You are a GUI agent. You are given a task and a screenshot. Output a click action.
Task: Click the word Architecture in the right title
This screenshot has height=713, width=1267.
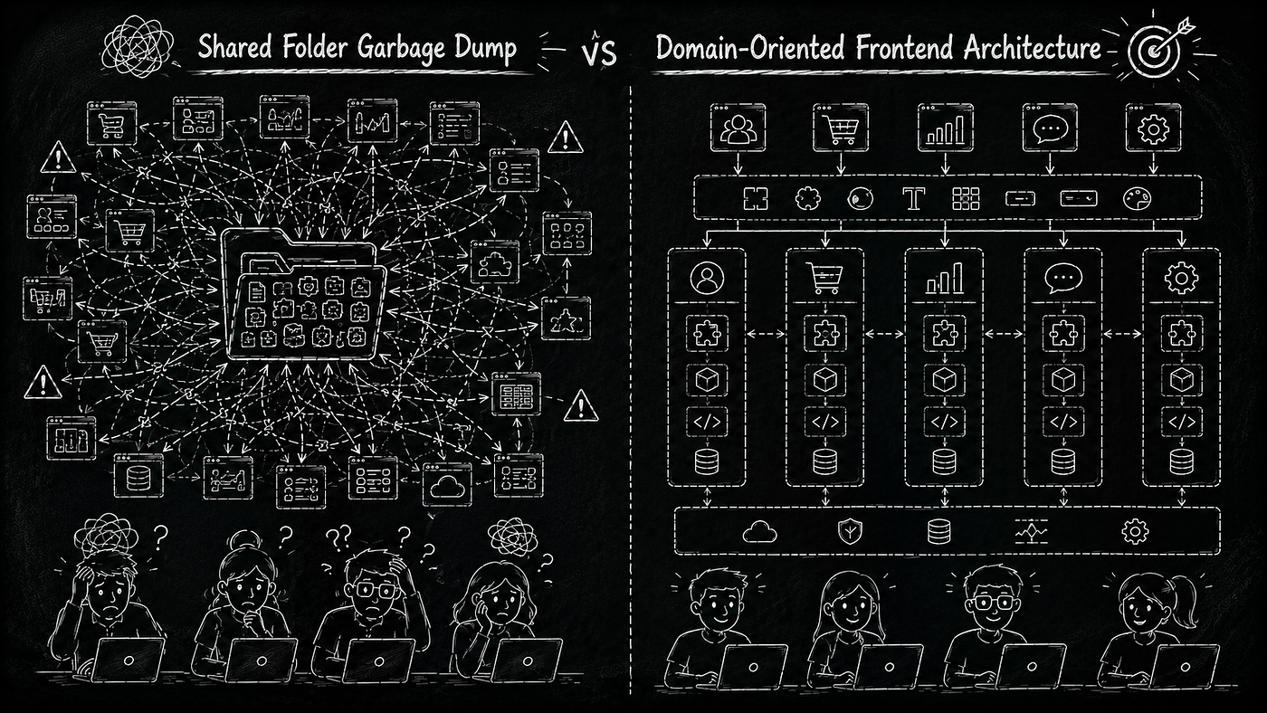pos(1033,47)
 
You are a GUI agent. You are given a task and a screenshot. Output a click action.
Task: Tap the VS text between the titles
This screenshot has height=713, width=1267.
pos(598,52)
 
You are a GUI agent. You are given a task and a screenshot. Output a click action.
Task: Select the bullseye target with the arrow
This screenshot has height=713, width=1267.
pos(1157,46)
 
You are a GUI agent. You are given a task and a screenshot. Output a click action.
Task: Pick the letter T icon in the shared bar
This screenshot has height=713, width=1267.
pos(913,198)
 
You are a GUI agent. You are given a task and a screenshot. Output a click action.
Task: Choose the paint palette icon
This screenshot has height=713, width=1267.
pos(1137,199)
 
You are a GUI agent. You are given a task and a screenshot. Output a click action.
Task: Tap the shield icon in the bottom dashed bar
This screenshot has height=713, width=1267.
pos(850,531)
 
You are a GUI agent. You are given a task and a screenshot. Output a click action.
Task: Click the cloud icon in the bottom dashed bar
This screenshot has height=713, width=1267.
pos(759,532)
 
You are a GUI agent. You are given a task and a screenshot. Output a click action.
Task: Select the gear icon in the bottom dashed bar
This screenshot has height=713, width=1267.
pos(1135,531)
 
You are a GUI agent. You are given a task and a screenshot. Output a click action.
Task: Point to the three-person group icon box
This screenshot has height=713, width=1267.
pos(738,128)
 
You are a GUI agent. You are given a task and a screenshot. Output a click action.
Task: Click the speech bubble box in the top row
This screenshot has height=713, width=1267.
pos(1050,128)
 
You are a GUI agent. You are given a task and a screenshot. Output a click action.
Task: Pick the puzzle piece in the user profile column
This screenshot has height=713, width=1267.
pos(707,334)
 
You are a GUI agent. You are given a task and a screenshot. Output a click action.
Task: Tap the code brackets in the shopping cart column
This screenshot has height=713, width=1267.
pos(825,422)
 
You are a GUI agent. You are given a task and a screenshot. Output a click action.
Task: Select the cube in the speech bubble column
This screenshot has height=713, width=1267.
pos(1063,379)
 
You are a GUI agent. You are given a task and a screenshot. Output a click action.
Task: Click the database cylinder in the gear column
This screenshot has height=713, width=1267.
pos(1182,461)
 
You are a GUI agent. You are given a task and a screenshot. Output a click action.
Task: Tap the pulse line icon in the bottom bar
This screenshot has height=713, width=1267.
pos(1031,532)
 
